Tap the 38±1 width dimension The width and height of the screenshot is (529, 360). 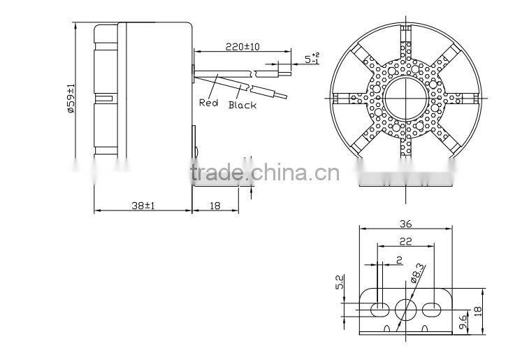click(143, 206)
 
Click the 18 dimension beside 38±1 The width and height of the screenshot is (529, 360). click(215, 206)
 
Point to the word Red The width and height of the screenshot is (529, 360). click(208, 102)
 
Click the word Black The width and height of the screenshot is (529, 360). click(242, 105)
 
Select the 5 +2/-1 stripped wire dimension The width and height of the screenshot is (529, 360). click(312, 58)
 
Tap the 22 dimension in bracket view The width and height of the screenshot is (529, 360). click(405, 240)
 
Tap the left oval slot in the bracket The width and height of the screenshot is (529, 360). click(378, 308)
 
